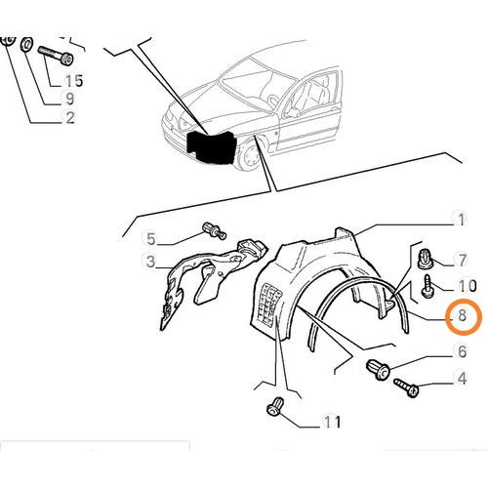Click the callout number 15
click(73, 80)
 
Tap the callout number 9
click(69, 99)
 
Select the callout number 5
click(150, 238)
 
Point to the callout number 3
click(150, 262)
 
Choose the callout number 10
click(467, 286)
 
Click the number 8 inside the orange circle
click(462, 317)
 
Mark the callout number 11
click(332, 423)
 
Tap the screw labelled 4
click(407, 388)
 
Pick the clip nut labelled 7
click(424, 259)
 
